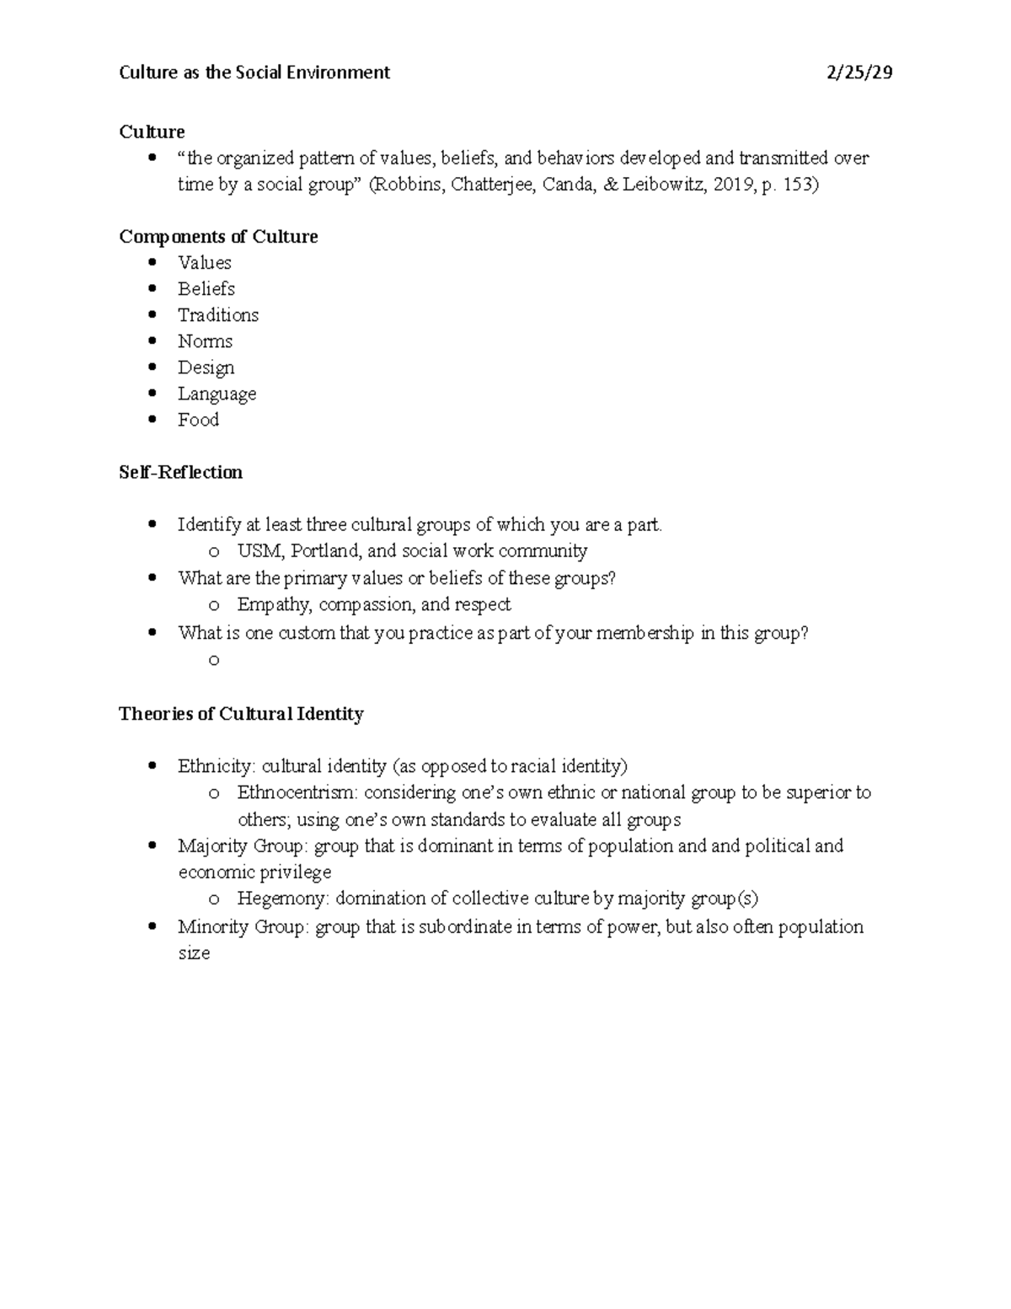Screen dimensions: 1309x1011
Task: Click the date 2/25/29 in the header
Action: [859, 72]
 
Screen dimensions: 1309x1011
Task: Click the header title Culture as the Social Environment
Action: [254, 72]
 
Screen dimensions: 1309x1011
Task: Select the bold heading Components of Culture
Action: [218, 237]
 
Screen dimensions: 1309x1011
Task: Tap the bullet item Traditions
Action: [217, 315]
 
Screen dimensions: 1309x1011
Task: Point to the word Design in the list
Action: [206, 367]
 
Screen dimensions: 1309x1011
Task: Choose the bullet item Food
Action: [198, 420]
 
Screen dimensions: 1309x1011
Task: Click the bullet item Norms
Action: [205, 341]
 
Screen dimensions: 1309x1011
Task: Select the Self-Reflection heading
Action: [180, 472]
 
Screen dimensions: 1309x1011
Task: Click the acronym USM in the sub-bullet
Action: [256, 551]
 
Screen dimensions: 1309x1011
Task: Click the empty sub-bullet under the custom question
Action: [214, 660]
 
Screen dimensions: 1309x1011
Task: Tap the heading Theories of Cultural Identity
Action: [241, 714]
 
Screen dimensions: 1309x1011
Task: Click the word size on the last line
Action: [194, 953]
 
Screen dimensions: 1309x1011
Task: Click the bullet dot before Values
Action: [152, 262]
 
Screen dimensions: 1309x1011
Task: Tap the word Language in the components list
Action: [217, 394]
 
